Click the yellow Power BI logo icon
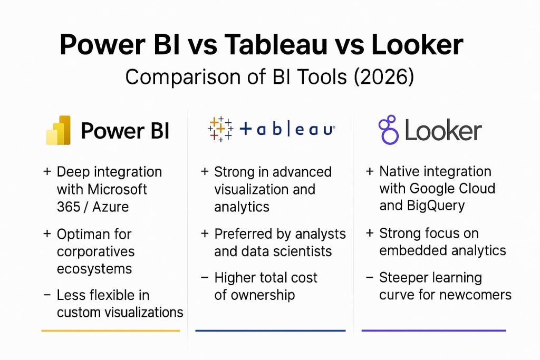coord(59,130)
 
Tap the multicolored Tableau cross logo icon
coord(220,129)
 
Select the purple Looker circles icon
coord(389,130)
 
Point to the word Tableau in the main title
coord(275,44)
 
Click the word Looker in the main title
coord(417,44)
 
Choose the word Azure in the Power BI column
coord(110,207)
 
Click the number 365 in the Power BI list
coord(69,207)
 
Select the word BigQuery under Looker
coord(436,206)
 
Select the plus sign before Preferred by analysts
coord(205,233)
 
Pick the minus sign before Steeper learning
coord(370,277)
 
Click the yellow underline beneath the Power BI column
coord(111,330)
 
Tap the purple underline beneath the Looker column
coord(434,330)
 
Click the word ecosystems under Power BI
coord(94,269)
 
